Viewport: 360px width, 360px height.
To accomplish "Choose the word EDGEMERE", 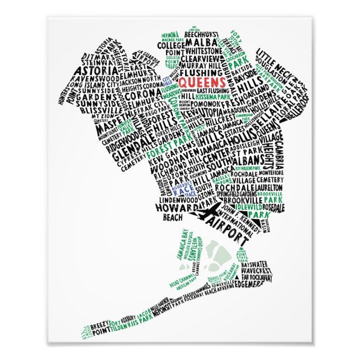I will tap(260, 283).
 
